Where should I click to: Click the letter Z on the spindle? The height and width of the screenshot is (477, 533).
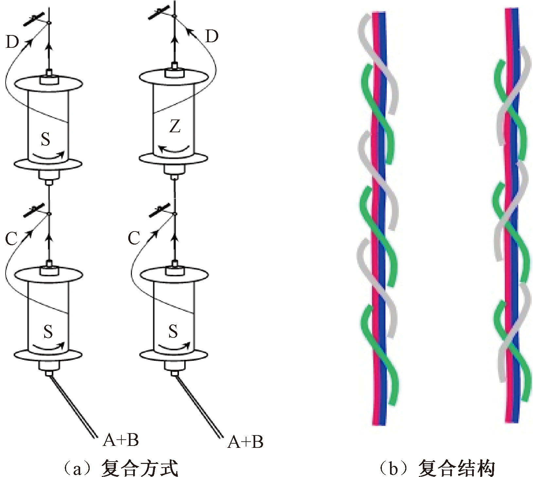tap(175, 126)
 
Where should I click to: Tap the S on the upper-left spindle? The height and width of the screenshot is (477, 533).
tap(46, 139)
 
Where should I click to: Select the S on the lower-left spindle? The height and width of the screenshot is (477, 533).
tap(48, 331)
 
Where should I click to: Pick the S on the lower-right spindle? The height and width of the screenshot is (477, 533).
tap(173, 331)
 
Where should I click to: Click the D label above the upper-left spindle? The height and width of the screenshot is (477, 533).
tap(12, 42)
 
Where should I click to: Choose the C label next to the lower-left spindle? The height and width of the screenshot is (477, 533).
tap(11, 238)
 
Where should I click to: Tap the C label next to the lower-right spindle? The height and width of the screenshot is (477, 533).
tap(134, 238)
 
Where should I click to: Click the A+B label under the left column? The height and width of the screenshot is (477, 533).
tap(121, 440)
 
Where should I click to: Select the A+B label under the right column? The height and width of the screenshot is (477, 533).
tap(245, 442)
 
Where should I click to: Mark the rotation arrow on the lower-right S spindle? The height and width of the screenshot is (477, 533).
tap(174, 346)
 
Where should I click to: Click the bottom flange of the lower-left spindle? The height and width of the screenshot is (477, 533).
tap(48, 355)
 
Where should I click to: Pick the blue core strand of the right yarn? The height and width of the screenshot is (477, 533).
tap(515, 229)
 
